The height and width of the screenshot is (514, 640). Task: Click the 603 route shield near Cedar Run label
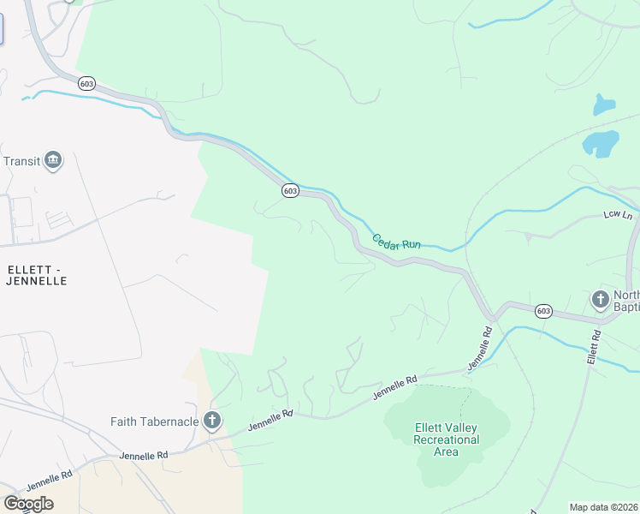[x=290, y=191]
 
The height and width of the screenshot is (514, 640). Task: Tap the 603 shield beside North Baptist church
[x=544, y=311]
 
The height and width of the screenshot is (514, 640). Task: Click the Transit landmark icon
[x=53, y=161]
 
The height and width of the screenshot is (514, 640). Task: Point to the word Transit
[x=22, y=161]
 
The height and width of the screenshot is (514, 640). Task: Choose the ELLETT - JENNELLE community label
[x=37, y=274]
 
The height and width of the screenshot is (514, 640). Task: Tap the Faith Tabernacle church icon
[x=212, y=421]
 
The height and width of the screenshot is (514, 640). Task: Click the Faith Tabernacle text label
[x=154, y=421]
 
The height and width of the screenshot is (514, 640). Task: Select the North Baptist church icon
[x=601, y=300]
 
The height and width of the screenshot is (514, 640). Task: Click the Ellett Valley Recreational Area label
[x=447, y=439]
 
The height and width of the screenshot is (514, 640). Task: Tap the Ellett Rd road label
[x=593, y=347]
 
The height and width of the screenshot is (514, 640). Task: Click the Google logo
[x=28, y=503]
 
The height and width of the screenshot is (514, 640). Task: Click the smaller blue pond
[x=604, y=105]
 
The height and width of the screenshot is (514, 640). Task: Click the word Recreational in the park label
[x=447, y=439]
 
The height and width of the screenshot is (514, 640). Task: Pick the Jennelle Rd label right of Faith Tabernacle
[x=270, y=421]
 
